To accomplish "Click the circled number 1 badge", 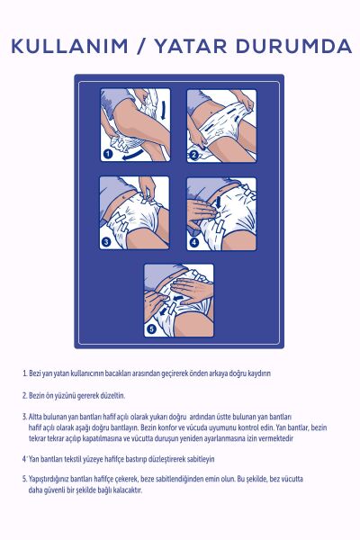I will pyautogui.click(x=107, y=154).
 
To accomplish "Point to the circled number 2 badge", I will pyautogui.click(x=193, y=154).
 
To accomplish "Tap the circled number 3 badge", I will pyautogui.click(x=107, y=241).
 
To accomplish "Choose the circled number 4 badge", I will pyautogui.click(x=193, y=241).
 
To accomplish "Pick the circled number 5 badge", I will pyautogui.click(x=151, y=328).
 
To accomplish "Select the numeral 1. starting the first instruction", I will pyautogui.click(x=24, y=373).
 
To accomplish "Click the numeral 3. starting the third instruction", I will pyautogui.click(x=24, y=417).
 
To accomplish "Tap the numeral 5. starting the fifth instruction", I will pyautogui.click(x=24, y=480).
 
